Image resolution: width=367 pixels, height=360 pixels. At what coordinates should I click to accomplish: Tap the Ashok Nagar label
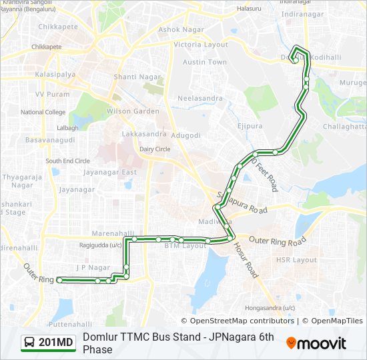(180, 30)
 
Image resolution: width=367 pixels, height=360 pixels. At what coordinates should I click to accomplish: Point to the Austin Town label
(205, 62)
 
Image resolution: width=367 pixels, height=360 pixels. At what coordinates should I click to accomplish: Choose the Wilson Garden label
(133, 111)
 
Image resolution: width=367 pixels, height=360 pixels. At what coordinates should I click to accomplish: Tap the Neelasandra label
(200, 98)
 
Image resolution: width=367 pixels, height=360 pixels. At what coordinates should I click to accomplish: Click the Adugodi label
(186, 135)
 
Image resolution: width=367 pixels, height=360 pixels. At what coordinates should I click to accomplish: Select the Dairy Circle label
(155, 149)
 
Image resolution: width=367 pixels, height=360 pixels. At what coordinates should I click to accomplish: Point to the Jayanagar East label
(110, 172)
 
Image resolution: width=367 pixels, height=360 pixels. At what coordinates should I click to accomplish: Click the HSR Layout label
(296, 260)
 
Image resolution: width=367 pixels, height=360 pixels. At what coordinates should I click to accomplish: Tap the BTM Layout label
(186, 246)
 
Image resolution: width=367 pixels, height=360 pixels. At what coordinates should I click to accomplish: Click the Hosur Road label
(246, 259)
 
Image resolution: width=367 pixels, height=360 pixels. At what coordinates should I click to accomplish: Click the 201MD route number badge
(48, 343)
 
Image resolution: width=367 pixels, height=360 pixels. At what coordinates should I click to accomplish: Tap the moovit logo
(316, 343)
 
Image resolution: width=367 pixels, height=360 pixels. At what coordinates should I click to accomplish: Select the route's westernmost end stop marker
(59, 280)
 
